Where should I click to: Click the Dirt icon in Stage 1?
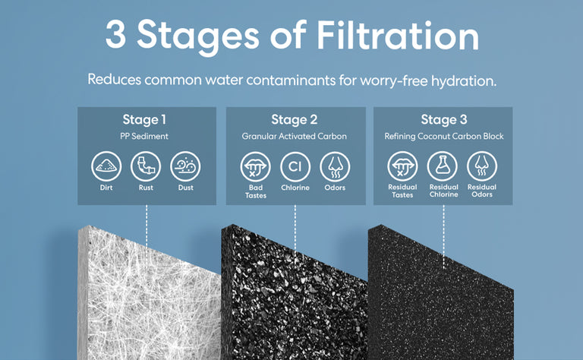point(106,166)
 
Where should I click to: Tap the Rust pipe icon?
point(146,166)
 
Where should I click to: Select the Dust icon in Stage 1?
point(185,166)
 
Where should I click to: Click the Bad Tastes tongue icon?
point(255,166)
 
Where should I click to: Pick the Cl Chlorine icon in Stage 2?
point(295,166)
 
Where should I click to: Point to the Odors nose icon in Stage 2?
point(335,166)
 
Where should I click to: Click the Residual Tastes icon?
point(402,166)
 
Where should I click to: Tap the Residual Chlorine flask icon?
point(442,166)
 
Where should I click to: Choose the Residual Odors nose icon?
point(482,166)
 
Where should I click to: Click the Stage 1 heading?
point(144,120)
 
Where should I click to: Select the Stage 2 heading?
point(294,120)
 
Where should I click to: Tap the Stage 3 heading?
point(444,120)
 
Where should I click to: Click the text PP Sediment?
point(144,136)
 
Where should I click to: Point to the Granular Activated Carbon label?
point(294,136)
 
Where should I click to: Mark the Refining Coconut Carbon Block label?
point(444,136)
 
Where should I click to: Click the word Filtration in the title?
point(398,36)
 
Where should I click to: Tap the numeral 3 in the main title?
point(115,34)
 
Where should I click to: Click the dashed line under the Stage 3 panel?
point(443,236)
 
